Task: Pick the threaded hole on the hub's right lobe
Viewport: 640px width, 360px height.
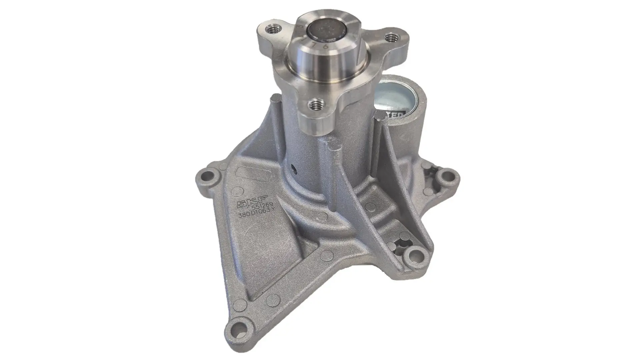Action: coord(389,38)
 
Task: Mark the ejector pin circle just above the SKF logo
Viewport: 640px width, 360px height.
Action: coord(237,190)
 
